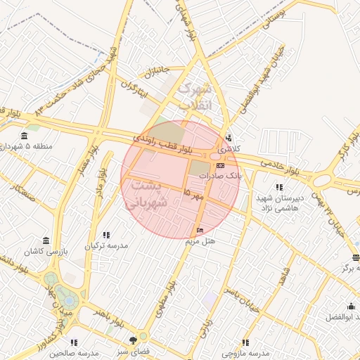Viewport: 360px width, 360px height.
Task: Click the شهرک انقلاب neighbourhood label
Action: [195, 98]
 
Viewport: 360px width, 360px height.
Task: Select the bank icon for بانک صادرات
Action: [221, 165]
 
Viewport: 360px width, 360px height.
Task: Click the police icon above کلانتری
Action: [228, 138]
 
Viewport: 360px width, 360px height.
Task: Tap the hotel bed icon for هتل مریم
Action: [200, 231]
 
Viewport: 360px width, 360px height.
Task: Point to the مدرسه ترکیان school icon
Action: [106, 235]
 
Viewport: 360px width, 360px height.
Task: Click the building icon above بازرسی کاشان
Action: [46, 240]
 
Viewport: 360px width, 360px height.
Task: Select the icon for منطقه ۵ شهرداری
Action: [25, 136]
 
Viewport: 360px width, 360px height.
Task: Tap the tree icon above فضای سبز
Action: [134, 341]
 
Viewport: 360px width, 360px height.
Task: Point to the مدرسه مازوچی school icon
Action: [245, 342]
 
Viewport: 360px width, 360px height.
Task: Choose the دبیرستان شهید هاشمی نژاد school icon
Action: [280, 187]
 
